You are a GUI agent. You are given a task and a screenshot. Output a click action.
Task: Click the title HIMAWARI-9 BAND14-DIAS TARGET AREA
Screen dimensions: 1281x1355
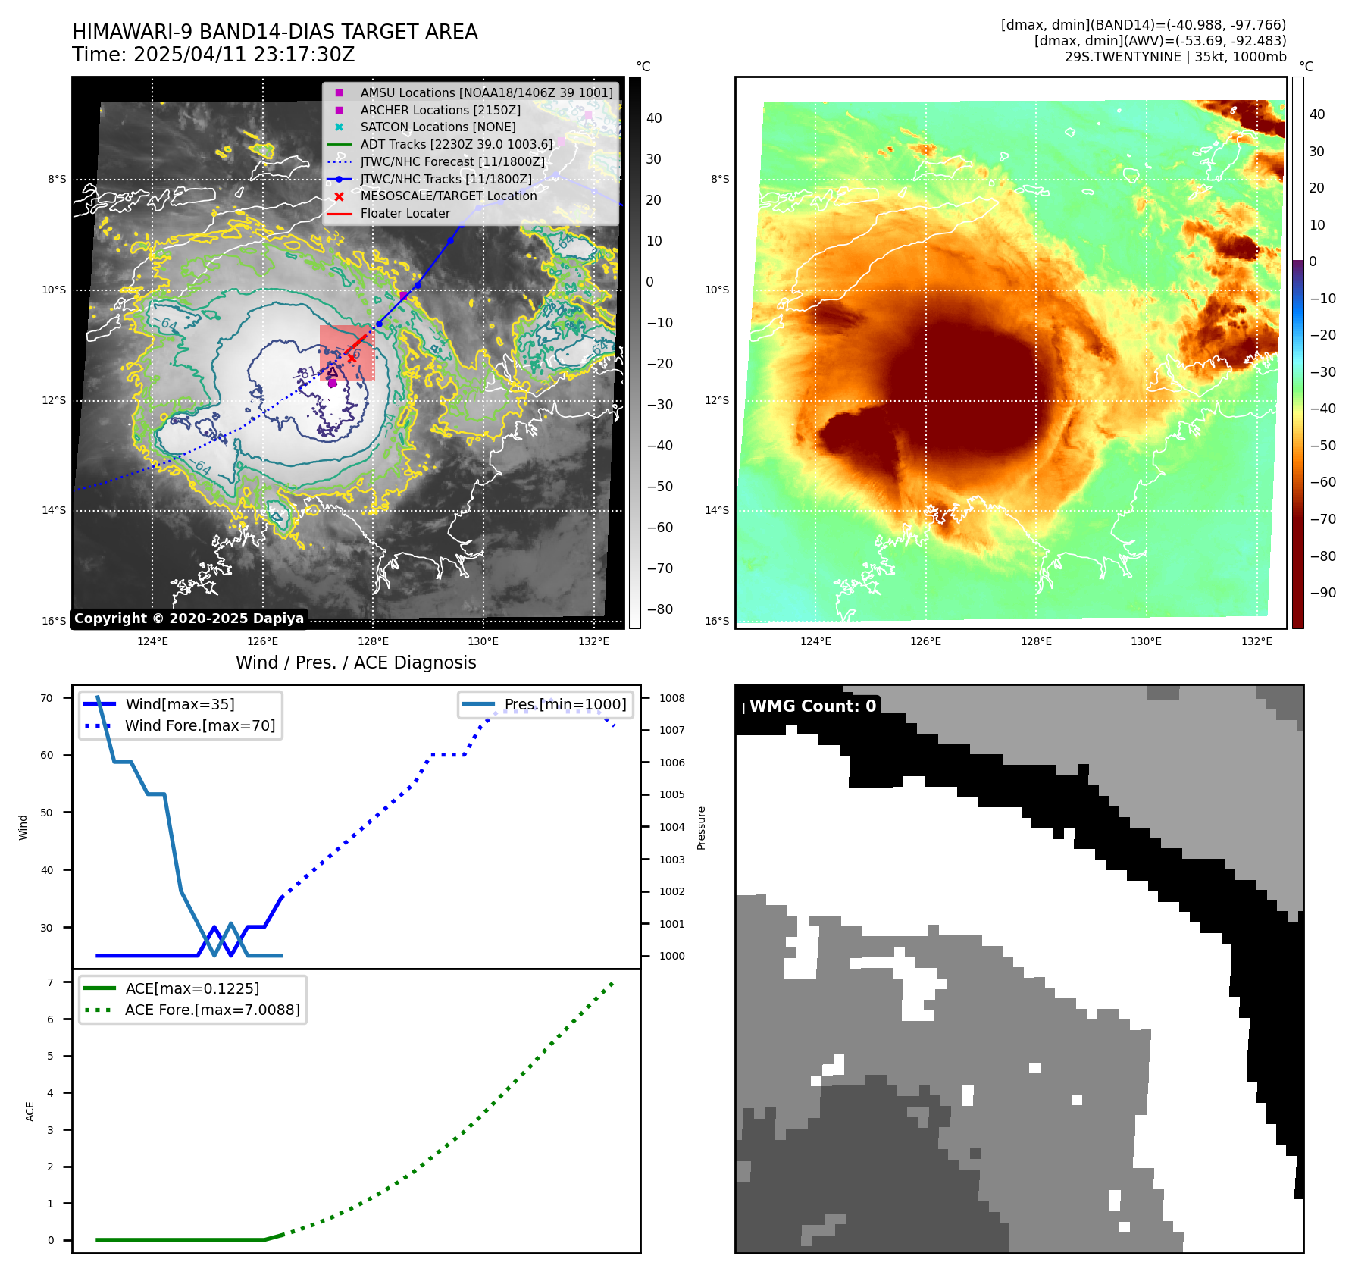(x=274, y=32)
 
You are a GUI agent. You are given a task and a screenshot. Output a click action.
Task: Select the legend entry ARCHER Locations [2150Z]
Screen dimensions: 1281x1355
(x=440, y=110)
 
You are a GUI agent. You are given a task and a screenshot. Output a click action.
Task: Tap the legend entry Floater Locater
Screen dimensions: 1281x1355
(x=405, y=214)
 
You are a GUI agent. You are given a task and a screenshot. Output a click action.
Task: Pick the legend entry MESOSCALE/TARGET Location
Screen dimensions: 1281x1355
(x=448, y=196)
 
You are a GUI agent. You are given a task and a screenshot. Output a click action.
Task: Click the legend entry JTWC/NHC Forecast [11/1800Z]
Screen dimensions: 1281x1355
(x=452, y=161)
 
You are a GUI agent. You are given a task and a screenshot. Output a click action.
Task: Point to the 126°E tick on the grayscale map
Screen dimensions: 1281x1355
(x=263, y=642)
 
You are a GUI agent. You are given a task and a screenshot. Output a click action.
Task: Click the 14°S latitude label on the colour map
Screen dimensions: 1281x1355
(x=717, y=511)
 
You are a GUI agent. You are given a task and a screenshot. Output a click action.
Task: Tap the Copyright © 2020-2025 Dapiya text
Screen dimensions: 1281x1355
(x=189, y=619)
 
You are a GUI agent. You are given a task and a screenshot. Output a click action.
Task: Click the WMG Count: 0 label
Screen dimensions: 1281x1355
(x=812, y=706)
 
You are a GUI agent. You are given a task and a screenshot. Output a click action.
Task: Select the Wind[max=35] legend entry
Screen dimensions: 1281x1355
(x=180, y=705)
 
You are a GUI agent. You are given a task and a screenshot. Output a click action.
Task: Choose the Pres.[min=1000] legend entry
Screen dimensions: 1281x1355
(x=565, y=705)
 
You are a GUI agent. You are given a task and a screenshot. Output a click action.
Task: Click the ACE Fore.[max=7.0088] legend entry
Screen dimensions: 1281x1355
(x=211, y=1010)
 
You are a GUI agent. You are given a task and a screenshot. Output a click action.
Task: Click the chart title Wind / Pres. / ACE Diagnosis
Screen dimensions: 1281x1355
(x=355, y=663)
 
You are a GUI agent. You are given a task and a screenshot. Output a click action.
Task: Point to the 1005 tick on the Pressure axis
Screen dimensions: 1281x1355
(x=671, y=795)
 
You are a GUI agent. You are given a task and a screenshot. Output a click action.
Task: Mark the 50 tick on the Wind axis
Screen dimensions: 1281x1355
(x=47, y=813)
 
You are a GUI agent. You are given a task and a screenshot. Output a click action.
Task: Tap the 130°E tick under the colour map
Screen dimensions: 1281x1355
(x=1146, y=642)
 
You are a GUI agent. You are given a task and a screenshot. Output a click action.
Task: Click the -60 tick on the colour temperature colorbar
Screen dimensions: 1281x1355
(x=1323, y=482)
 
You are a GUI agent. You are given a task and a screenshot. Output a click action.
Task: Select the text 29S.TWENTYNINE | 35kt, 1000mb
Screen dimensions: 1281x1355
(x=1175, y=57)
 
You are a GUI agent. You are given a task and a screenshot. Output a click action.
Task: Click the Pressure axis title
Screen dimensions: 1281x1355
(x=701, y=828)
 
